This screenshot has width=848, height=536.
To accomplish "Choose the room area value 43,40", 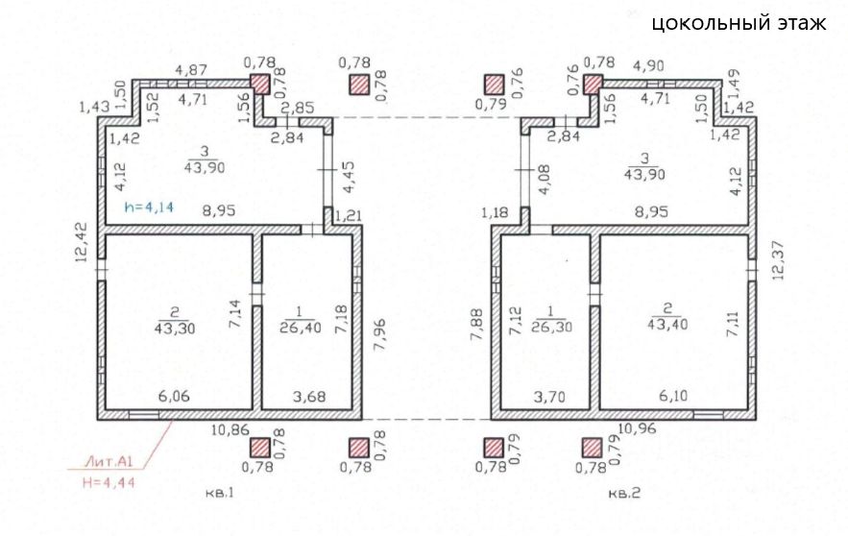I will coord(666,326).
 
